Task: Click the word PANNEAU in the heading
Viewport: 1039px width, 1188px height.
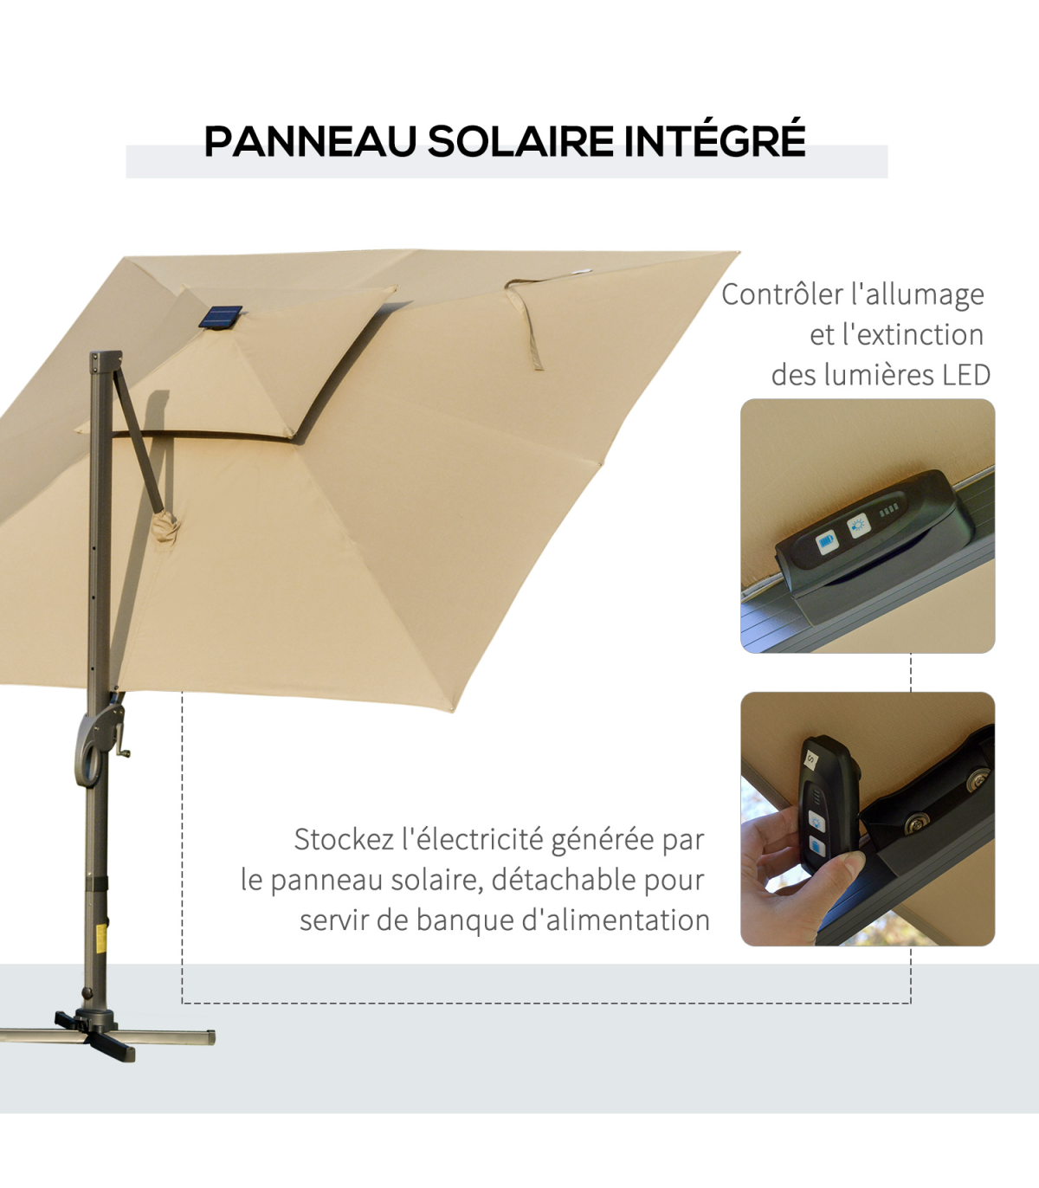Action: [311, 141]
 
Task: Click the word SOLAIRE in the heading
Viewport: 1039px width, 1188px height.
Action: [520, 141]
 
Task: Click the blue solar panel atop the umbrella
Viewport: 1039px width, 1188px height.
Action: [221, 317]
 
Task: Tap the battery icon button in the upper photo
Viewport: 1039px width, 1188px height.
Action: [827, 542]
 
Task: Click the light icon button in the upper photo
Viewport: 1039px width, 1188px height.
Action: [858, 526]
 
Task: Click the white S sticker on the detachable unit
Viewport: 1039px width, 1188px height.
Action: [811, 759]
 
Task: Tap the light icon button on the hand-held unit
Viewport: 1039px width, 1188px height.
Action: [816, 823]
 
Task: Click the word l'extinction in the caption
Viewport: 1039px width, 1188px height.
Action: [896, 335]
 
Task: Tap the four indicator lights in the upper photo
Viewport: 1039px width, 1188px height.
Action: [888, 510]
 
